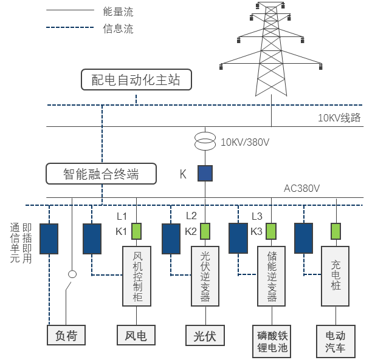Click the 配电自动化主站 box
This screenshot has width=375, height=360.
(x=136, y=80)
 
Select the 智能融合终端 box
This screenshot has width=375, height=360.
(x=101, y=174)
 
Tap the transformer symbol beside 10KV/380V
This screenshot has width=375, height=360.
(x=205, y=142)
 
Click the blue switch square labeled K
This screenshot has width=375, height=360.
(x=205, y=174)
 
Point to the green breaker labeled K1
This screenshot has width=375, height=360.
(x=137, y=231)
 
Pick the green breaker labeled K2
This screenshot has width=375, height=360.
(x=205, y=231)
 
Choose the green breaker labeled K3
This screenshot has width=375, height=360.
(x=270, y=231)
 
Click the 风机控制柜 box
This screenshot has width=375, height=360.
(x=137, y=276)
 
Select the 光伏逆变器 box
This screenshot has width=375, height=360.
(x=205, y=276)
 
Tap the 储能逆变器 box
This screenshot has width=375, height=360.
(x=271, y=276)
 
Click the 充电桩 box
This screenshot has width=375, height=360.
(x=335, y=276)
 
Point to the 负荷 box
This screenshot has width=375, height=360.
(x=66, y=335)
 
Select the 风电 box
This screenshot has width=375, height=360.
(x=136, y=335)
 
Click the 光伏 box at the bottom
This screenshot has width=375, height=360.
(x=205, y=335)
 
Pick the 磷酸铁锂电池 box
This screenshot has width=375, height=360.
(x=271, y=341)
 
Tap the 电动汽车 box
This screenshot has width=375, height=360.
(x=335, y=341)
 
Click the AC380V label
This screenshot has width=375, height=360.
(x=302, y=188)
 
